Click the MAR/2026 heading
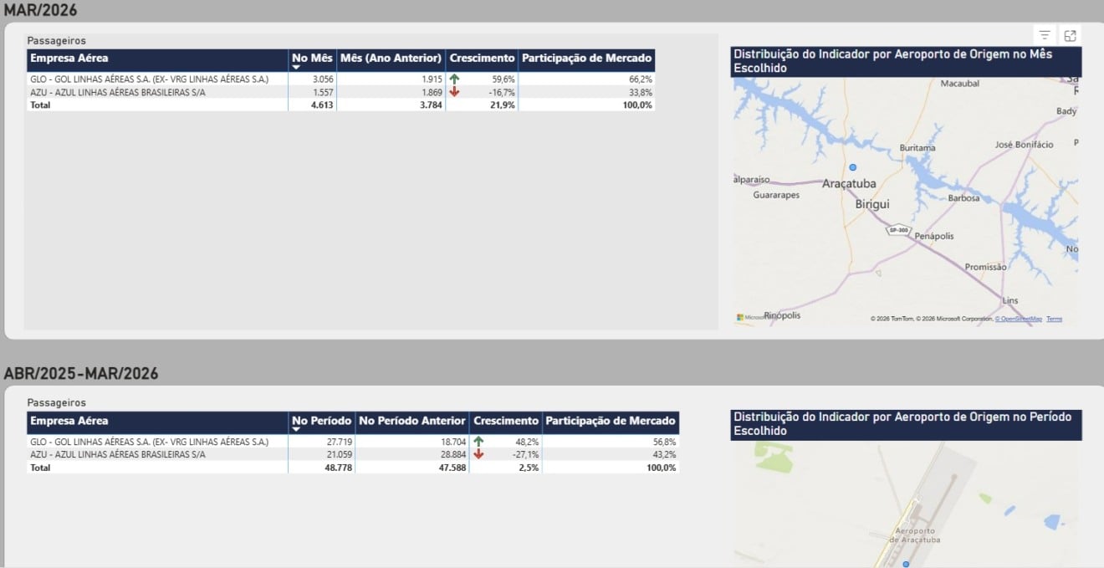(41, 11)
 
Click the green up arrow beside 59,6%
(454, 79)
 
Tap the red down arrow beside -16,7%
(454, 92)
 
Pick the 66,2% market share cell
(641, 79)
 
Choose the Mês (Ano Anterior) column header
(391, 59)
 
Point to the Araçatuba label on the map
(849, 183)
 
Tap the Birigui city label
(872, 204)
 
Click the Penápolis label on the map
(933, 236)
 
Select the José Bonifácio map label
(1024, 145)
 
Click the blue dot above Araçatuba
(853, 167)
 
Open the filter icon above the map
(1045, 35)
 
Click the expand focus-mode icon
(1071, 35)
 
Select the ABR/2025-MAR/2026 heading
(81, 373)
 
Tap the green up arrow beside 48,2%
(478, 441)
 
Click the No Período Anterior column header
(411, 421)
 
